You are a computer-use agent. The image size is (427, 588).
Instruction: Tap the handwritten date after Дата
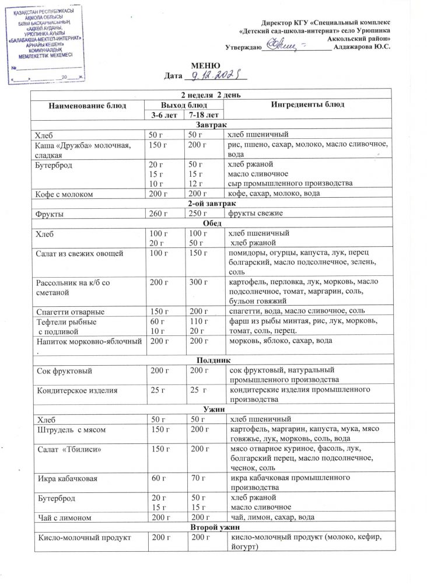[x=216, y=76]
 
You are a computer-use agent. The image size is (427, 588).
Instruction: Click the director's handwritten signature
[x=283, y=43]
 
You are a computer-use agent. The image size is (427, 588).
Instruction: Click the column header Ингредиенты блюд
[x=309, y=104]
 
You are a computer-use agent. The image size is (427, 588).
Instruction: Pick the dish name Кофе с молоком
[x=66, y=193]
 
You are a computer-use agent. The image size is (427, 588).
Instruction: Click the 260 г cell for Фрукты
[x=158, y=213]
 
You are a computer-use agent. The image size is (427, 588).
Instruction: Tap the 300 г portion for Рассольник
[x=199, y=282]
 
